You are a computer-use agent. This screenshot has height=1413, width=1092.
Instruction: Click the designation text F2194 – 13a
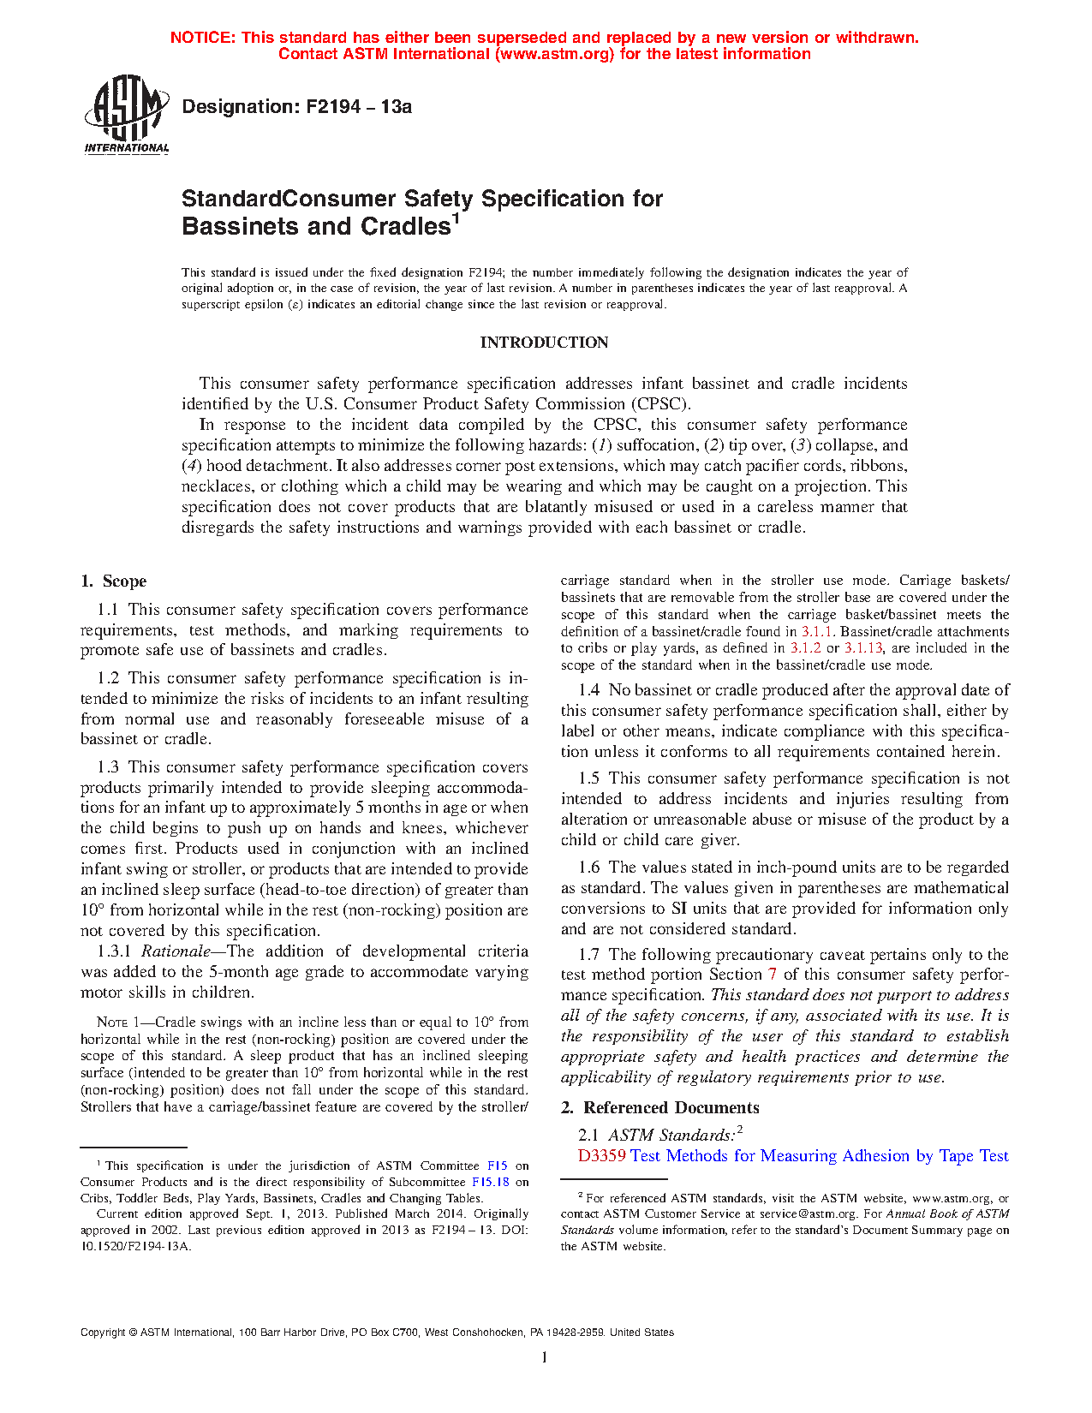(x=296, y=107)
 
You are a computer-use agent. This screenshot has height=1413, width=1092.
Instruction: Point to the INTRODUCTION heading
(x=544, y=343)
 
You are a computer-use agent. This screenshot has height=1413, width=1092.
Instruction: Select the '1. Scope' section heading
(x=114, y=581)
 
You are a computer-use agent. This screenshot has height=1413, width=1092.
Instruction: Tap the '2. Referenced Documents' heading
(x=660, y=1108)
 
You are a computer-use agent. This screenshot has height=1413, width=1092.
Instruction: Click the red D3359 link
(x=601, y=1156)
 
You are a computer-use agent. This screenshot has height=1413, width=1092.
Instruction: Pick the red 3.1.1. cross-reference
(x=818, y=632)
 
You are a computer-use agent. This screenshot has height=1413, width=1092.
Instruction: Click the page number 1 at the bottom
(x=545, y=1357)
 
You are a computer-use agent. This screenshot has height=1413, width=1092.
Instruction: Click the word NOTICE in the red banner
(x=202, y=38)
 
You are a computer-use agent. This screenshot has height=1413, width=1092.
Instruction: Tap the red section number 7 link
(x=773, y=975)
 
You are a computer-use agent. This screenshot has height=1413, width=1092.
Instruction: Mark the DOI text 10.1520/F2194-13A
(x=136, y=1246)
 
